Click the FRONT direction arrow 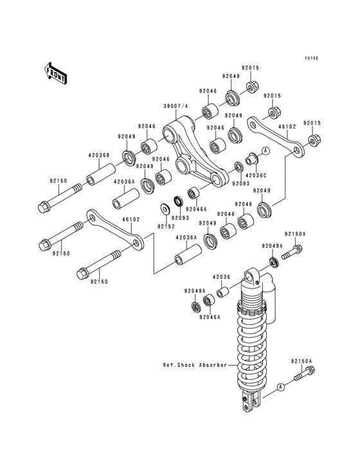tap(55, 73)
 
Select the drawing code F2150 tap(312, 58)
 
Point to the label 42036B tap(99, 156)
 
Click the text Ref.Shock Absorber tap(195, 365)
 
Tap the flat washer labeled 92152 tap(165, 208)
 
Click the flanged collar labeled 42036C tap(251, 159)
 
